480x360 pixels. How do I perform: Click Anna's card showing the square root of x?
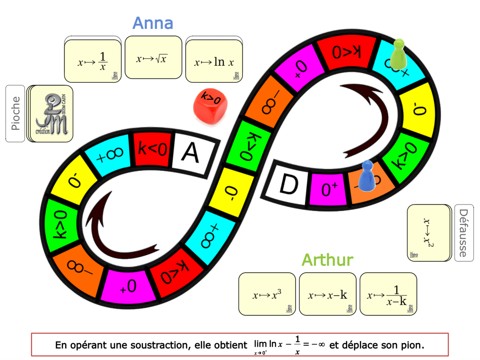(153, 58)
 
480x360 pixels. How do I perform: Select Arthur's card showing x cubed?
(267, 294)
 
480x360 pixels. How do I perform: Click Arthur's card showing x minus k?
(327, 294)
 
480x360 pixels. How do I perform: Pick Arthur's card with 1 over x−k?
(388, 294)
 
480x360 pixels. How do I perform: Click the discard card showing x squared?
(429, 233)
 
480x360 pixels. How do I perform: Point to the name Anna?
(153, 23)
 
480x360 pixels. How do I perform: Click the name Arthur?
(327, 260)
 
